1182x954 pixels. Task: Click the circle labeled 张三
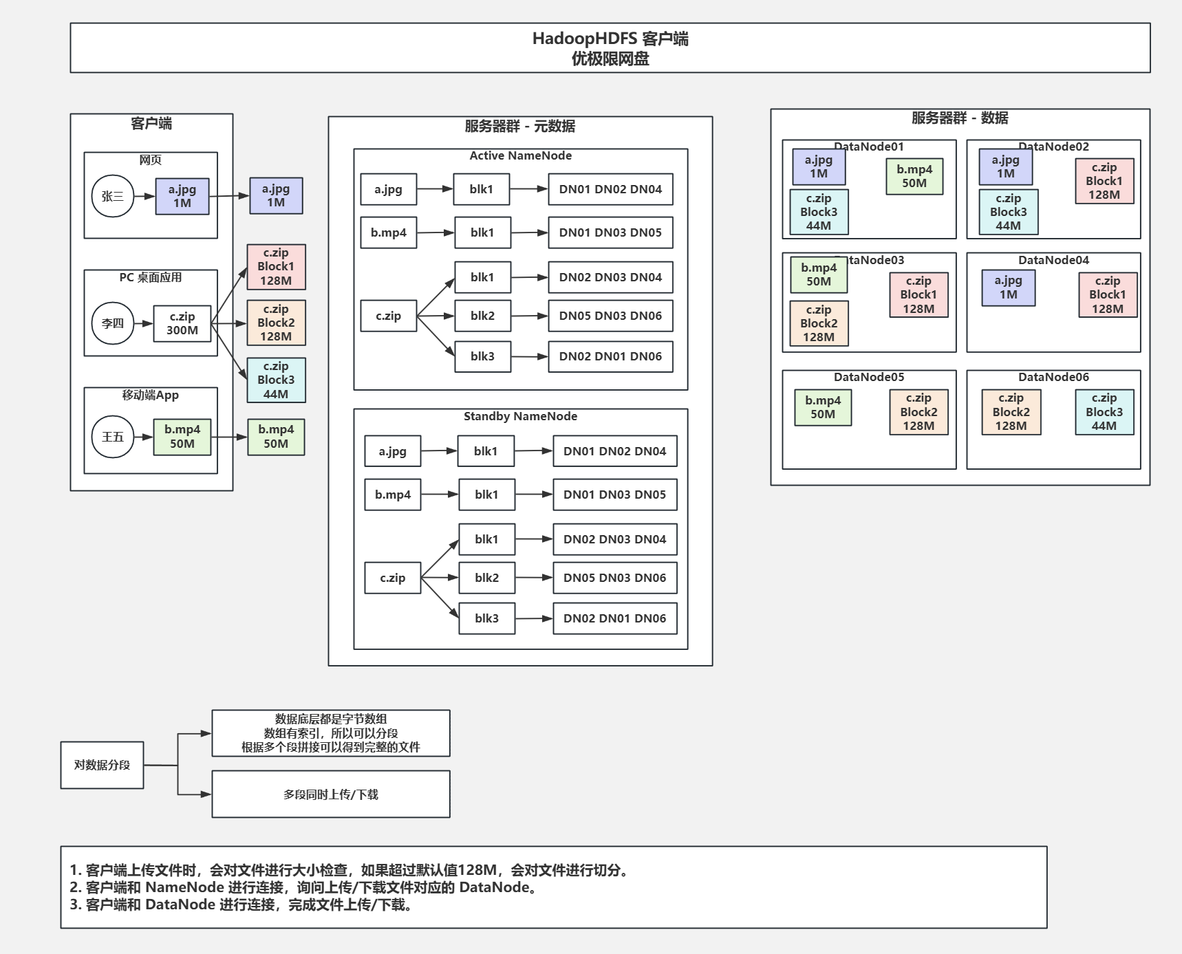click(x=113, y=196)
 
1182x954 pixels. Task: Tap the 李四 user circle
click(x=113, y=323)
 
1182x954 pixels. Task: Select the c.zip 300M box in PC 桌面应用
click(x=182, y=323)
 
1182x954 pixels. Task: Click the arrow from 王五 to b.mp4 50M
click(x=143, y=437)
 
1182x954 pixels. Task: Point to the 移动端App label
click(x=151, y=395)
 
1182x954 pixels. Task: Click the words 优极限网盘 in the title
click(x=610, y=59)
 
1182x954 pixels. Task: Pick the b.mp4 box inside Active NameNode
click(x=389, y=232)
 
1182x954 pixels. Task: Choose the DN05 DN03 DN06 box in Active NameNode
click(x=610, y=316)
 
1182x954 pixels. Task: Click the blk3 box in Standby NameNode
click(x=486, y=618)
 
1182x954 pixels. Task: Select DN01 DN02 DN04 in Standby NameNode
click(x=614, y=451)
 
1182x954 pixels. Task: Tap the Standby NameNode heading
click(x=520, y=416)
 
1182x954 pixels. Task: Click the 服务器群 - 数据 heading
click(x=960, y=118)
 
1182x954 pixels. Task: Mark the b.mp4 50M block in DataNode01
click(x=914, y=176)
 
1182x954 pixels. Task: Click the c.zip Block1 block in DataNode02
click(x=1104, y=181)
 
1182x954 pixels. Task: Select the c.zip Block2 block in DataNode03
click(x=819, y=323)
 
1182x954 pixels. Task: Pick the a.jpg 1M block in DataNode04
click(x=1008, y=288)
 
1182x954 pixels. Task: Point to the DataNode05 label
click(x=869, y=377)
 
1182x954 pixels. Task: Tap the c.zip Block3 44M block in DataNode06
click(x=1104, y=412)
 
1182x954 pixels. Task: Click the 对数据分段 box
click(x=102, y=765)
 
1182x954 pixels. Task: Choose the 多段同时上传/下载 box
click(x=331, y=794)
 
